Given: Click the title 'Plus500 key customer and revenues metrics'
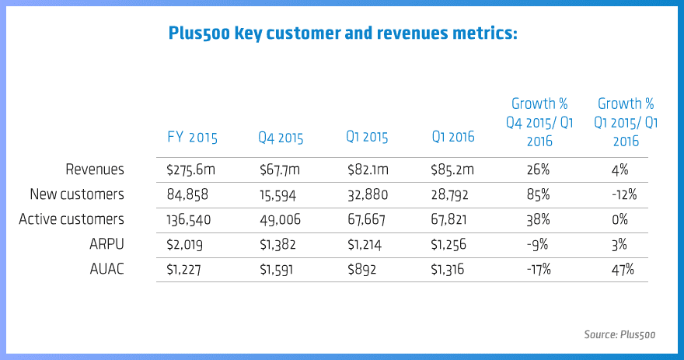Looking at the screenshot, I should [x=343, y=34].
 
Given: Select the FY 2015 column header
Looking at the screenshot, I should [x=193, y=138].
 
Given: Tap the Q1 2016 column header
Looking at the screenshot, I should [x=453, y=138].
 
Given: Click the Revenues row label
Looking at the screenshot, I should [x=96, y=169].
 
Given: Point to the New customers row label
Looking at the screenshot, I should [x=76, y=194].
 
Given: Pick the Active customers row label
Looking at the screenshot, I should [x=72, y=219].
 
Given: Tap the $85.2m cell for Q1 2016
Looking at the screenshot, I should [x=452, y=169].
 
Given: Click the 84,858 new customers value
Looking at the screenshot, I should [x=187, y=194].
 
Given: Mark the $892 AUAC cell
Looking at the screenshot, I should [x=361, y=269].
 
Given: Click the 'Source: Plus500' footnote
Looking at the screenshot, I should [x=619, y=335].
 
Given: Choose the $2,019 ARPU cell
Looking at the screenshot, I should [x=184, y=244].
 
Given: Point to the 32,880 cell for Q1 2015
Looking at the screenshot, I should [x=367, y=194].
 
